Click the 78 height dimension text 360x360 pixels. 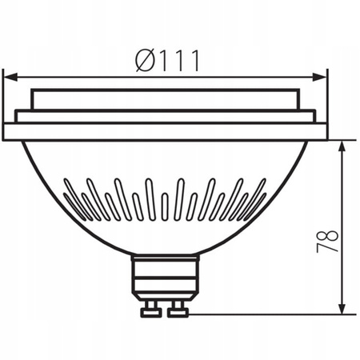[328, 242]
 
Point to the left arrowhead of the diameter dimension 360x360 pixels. [8, 77]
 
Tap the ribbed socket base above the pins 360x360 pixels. [165, 278]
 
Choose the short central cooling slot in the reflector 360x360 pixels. [164, 206]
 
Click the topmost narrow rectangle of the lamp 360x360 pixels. [165, 99]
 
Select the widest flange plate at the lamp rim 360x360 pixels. [165, 131]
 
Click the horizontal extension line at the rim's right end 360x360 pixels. [342, 140]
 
